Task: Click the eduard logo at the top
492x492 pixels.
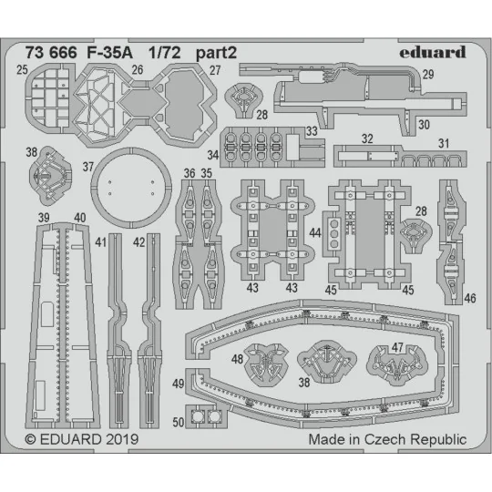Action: [x=434, y=51]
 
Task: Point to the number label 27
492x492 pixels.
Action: [x=215, y=69]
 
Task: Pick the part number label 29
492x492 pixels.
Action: [x=453, y=74]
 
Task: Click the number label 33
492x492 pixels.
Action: [x=312, y=130]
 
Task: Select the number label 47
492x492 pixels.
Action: [x=398, y=347]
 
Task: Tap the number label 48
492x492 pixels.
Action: [x=236, y=358]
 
